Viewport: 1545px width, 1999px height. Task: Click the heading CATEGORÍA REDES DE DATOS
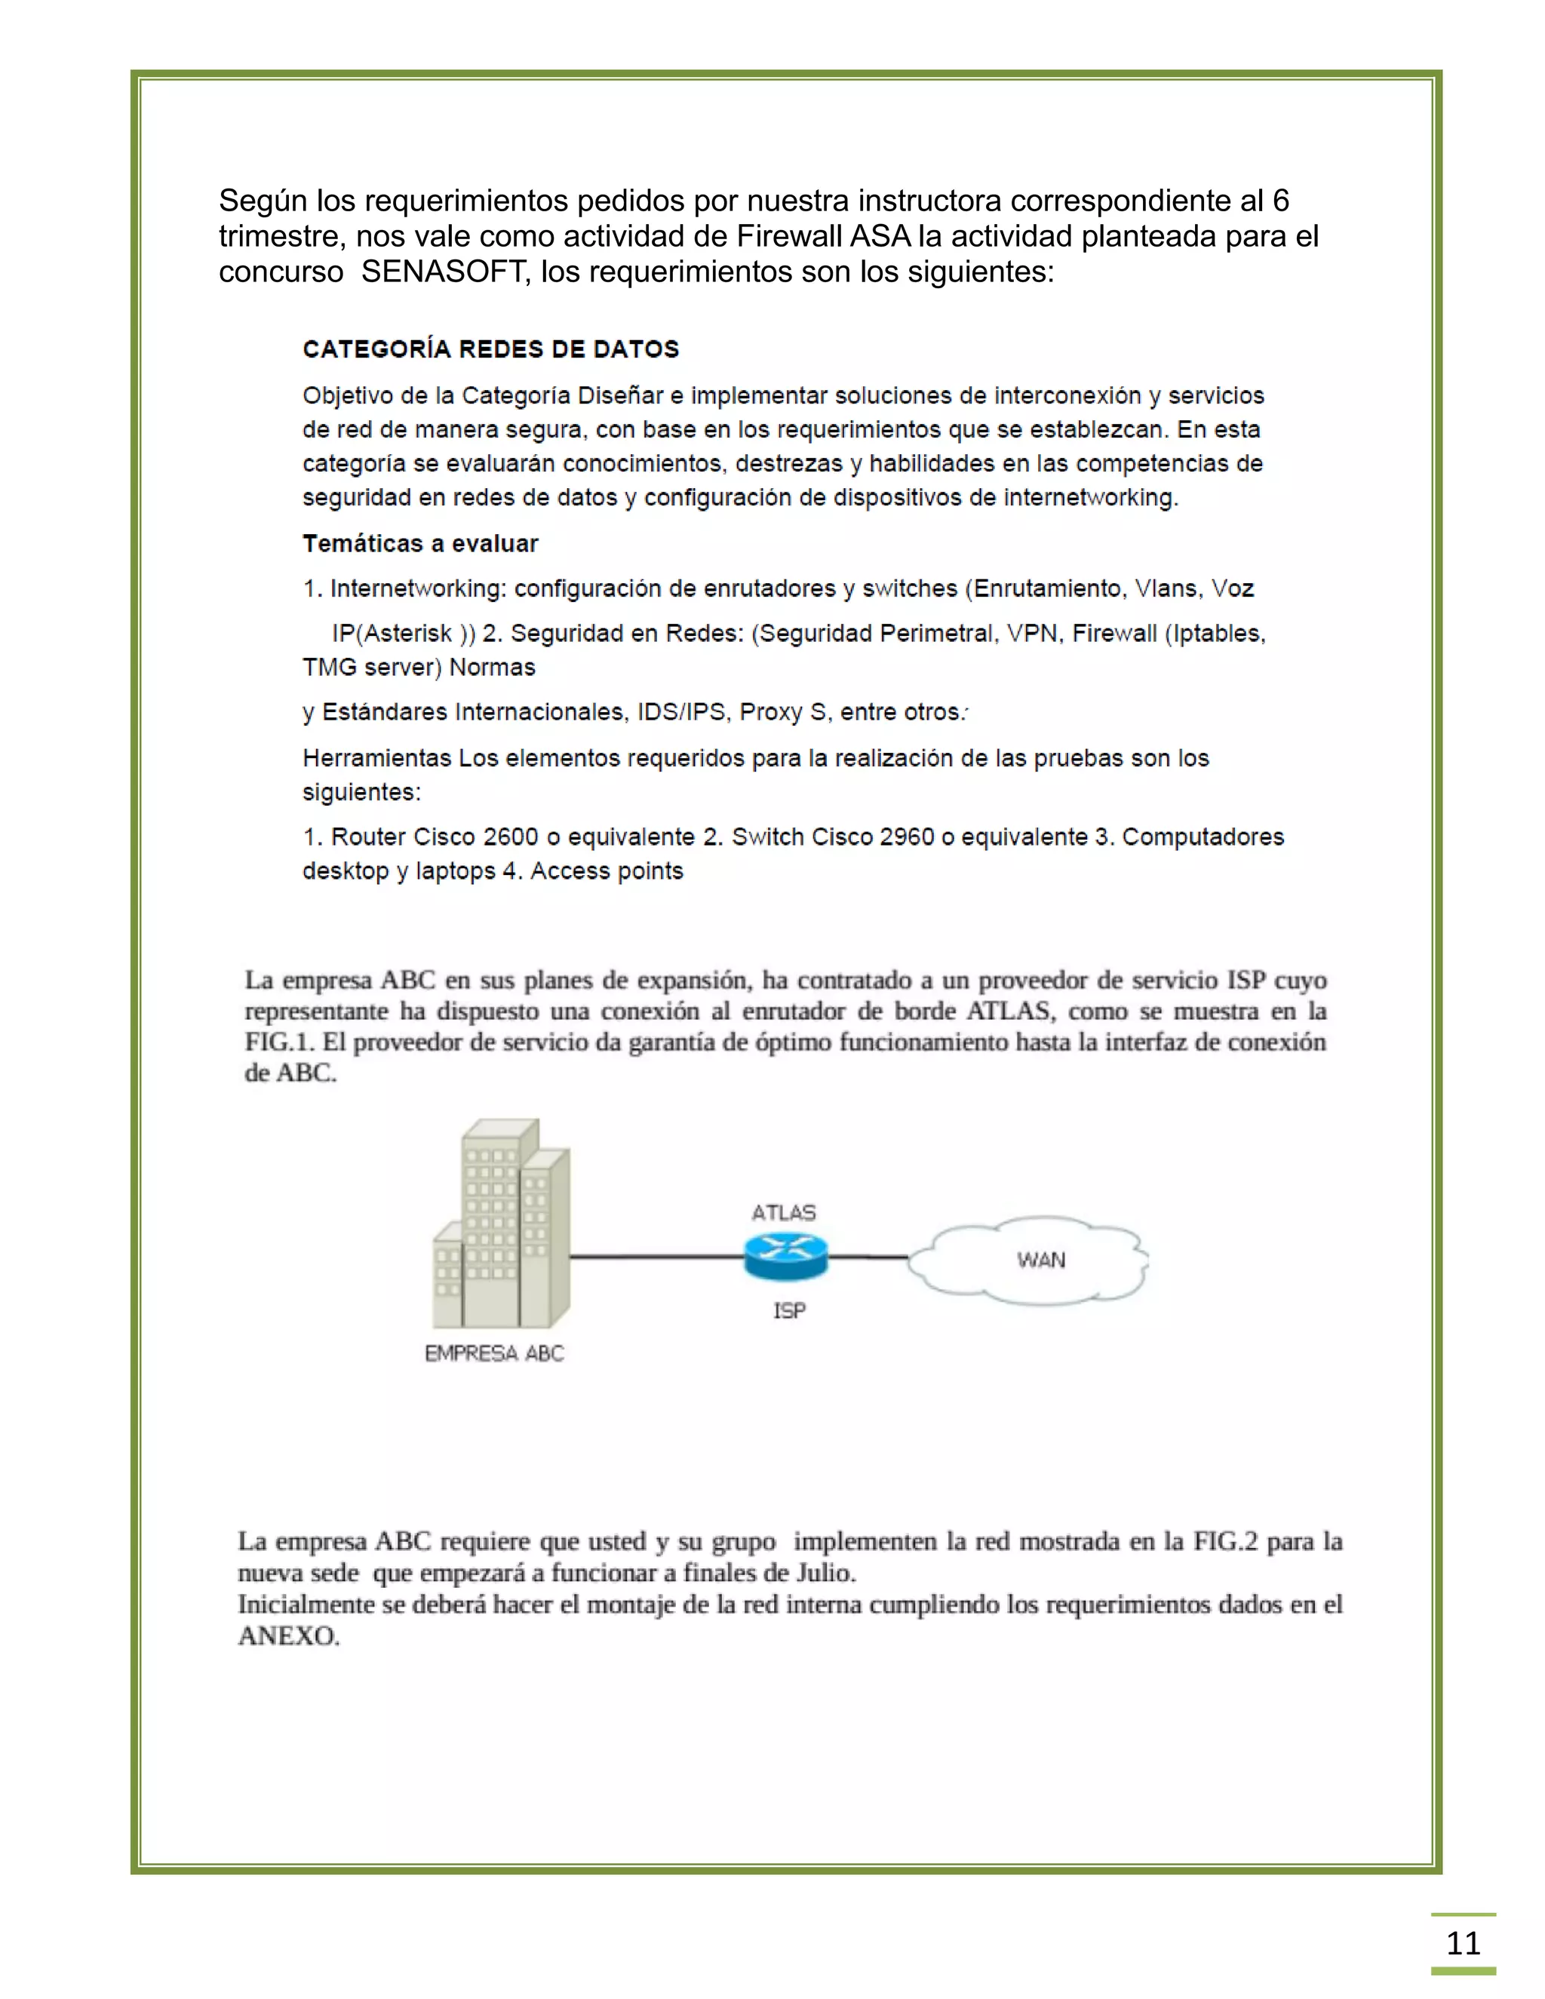coord(490,350)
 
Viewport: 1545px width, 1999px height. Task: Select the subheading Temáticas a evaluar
coord(420,544)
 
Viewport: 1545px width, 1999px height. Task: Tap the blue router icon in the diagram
coord(785,1256)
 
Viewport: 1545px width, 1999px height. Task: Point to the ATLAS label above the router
coord(784,1213)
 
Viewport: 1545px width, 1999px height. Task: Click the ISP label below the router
coord(789,1311)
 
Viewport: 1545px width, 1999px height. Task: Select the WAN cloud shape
coord(1034,1260)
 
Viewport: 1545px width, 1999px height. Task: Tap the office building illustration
coord(502,1227)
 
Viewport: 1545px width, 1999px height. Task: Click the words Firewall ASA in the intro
coord(824,236)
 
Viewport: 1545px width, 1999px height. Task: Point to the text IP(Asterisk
coord(392,634)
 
